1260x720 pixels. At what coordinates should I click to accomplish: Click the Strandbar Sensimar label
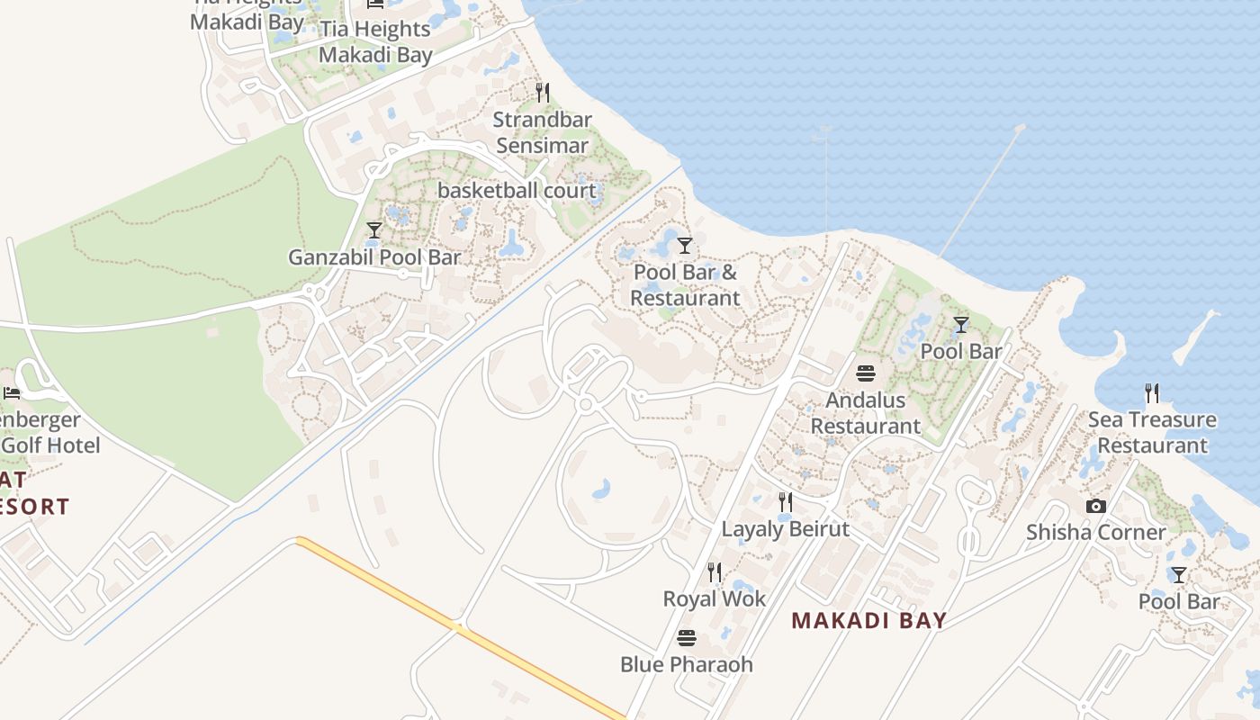pos(542,132)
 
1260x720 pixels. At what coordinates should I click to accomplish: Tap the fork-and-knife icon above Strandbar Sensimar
pos(542,92)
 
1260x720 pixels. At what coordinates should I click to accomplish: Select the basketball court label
pos(517,191)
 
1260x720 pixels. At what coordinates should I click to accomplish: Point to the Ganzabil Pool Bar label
pos(374,257)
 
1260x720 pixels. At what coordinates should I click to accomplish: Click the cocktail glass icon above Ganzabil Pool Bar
pos(374,230)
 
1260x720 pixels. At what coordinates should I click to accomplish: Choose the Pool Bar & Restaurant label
pos(685,284)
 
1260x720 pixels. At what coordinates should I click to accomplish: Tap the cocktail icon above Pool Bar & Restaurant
pos(685,245)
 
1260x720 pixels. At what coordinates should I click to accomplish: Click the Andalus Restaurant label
pos(866,413)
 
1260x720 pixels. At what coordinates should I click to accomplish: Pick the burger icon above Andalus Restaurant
pos(866,373)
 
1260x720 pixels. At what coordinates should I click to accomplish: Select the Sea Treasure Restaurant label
pos(1152,432)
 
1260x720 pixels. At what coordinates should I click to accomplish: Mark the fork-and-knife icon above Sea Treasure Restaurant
pos(1152,392)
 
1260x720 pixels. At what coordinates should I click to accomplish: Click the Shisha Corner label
pos(1096,533)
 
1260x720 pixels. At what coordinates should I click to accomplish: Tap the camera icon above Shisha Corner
pos(1096,506)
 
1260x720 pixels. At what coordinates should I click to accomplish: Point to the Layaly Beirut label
pos(786,529)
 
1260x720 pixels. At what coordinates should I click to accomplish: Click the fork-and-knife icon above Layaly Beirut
pos(786,501)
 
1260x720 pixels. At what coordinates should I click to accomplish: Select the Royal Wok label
pos(715,599)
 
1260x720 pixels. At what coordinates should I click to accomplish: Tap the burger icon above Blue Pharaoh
pos(687,638)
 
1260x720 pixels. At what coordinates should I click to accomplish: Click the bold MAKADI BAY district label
pos(869,620)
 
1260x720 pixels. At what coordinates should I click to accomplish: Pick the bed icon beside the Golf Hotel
pos(12,392)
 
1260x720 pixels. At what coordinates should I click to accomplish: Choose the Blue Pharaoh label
pos(687,665)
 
